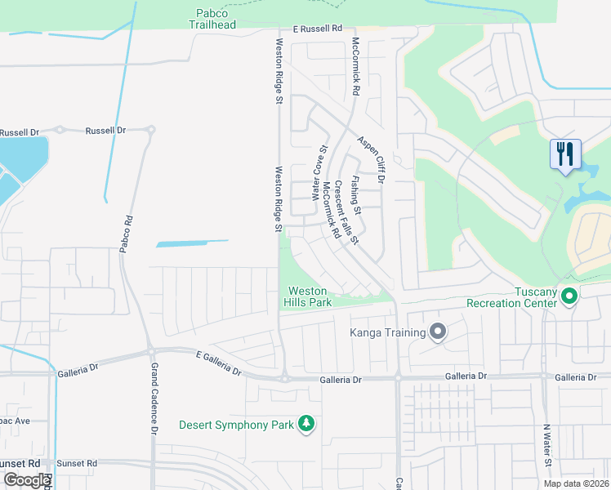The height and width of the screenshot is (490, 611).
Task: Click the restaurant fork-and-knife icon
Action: pyautogui.click(x=564, y=154)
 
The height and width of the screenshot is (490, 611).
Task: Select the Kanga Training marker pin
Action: pyautogui.click(x=438, y=332)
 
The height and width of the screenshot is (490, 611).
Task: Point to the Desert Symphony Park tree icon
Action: pyautogui.click(x=305, y=423)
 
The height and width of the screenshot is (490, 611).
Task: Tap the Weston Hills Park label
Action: pyautogui.click(x=307, y=296)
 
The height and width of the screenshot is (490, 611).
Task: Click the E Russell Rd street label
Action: pyautogui.click(x=314, y=29)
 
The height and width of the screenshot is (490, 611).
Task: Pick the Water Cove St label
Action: pyautogui.click(x=319, y=174)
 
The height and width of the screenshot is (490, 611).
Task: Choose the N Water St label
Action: pyautogui.click(x=546, y=445)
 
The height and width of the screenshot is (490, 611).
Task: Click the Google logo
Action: pyautogui.click(x=26, y=479)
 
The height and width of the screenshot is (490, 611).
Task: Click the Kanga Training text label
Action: pyautogui.click(x=388, y=332)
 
